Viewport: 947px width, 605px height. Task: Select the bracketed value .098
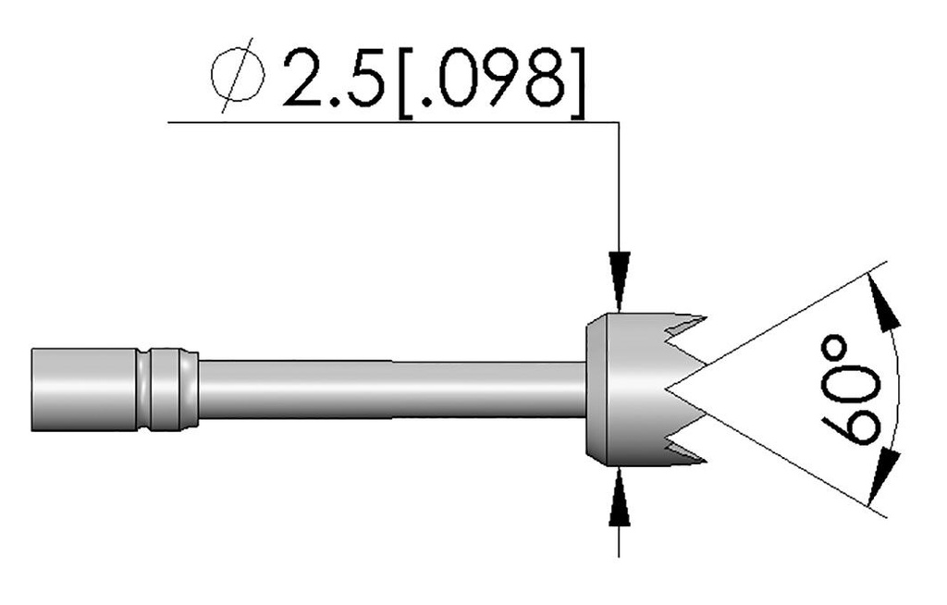[489, 78]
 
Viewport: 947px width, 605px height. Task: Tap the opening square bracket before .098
[405, 80]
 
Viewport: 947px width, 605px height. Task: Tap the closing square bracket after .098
[575, 80]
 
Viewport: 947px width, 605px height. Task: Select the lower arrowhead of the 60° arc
[887, 473]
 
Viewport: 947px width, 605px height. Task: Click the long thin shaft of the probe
[388, 389]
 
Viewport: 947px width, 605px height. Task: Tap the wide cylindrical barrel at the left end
[83, 389]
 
